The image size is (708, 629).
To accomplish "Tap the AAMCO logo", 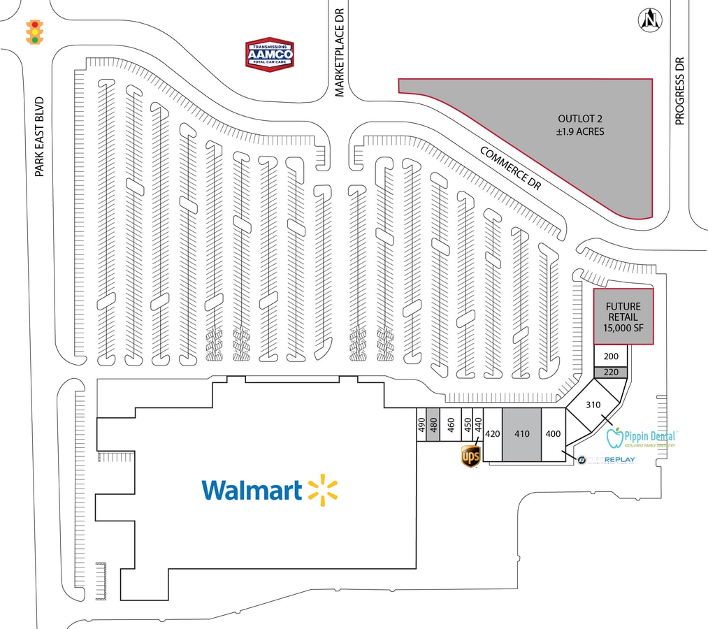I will tap(269, 55).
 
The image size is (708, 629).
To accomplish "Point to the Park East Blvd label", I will tap(40, 136).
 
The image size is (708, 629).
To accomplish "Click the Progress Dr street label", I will tap(681, 90).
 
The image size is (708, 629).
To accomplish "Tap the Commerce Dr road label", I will tap(511, 168).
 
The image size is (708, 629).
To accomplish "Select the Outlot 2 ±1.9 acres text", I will tap(581, 124).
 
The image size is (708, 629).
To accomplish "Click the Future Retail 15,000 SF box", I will tap(623, 317).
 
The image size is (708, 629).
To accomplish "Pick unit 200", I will tap(611, 356).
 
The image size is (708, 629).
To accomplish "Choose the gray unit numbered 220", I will tap(611, 372).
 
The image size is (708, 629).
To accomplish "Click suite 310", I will tap(593, 405).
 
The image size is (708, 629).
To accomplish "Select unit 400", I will tap(553, 434).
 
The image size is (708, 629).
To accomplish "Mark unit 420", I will tap(493, 434).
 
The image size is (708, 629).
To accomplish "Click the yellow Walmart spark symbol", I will tap(322, 489).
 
